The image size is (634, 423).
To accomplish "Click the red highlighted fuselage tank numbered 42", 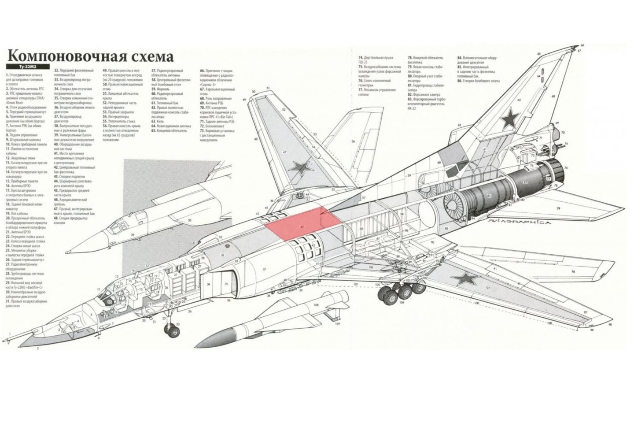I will pyautogui.click(x=304, y=223).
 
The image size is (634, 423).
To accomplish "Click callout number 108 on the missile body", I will pyautogui.click(x=316, y=305).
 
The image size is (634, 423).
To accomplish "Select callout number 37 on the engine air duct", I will pyautogui.click(x=265, y=269).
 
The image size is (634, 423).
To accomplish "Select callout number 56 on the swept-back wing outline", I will pyautogui.click(x=353, y=142).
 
